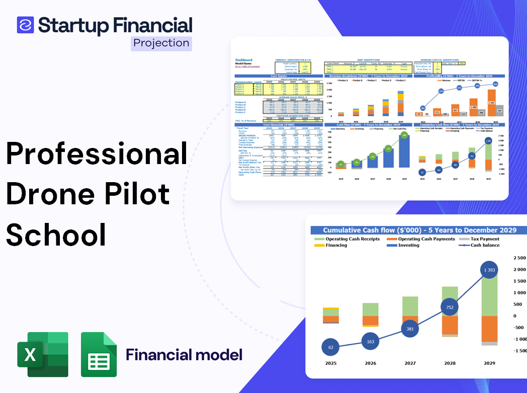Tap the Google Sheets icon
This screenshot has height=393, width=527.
pos(99,355)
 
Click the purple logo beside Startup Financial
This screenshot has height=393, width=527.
pos(25,25)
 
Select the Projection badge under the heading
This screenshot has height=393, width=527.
pos(161,43)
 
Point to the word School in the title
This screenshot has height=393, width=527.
pos(56,234)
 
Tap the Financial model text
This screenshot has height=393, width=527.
pos(184,355)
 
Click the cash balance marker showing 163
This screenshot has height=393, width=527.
pos(371,341)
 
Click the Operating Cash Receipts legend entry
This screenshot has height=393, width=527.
pos(352,239)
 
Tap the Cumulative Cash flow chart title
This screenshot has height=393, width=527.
pos(419,230)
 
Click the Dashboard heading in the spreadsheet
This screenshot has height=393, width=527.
pos(244,60)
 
